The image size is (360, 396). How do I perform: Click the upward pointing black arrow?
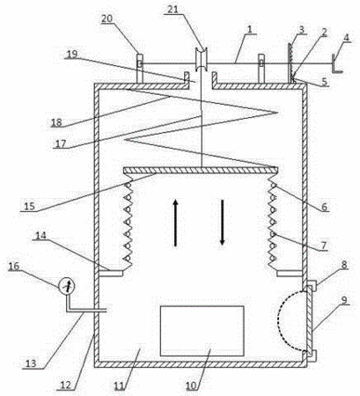(x=175, y=223)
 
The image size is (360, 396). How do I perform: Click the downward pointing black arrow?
(x=222, y=223)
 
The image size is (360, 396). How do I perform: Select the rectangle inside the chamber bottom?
(x=202, y=331)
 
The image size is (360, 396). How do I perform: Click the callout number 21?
(x=173, y=10)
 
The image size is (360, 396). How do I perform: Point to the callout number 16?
(x=13, y=267)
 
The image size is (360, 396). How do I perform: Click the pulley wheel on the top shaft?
(x=202, y=58)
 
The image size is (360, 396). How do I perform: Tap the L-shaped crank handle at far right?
(x=336, y=63)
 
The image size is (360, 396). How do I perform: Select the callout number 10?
(x=192, y=385)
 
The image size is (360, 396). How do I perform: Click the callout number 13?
(x=30, y=363)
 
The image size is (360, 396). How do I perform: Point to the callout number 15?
(x=29, y=206)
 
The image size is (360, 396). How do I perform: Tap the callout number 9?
(x=343, y=300)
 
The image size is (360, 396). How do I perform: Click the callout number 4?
(x=347, y=38)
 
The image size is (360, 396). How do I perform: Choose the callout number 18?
(x=56, y=122)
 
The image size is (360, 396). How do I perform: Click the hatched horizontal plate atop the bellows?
(x=201, y=170)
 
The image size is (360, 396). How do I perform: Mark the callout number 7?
(x=324, y=246)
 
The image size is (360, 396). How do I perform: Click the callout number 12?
(x=66, y=385)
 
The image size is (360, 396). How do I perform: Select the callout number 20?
(x=107, y=18)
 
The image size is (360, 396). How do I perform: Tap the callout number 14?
(x=41, y=236)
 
